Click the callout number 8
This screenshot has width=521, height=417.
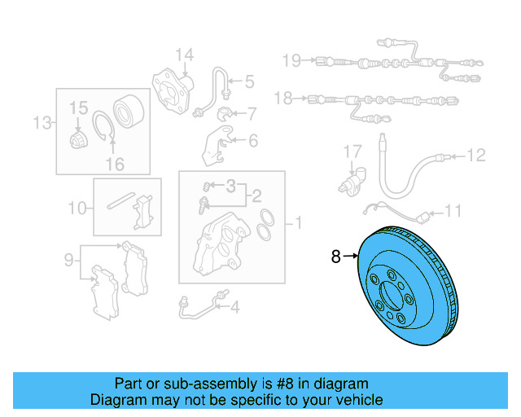336,257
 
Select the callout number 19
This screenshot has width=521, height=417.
291,59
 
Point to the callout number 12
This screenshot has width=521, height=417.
476,154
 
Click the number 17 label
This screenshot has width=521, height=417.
351,151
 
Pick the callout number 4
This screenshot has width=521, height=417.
234,307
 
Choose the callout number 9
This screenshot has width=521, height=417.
69,261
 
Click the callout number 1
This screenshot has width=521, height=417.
298,222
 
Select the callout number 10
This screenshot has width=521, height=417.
77,208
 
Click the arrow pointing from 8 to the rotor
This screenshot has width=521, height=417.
351,257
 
